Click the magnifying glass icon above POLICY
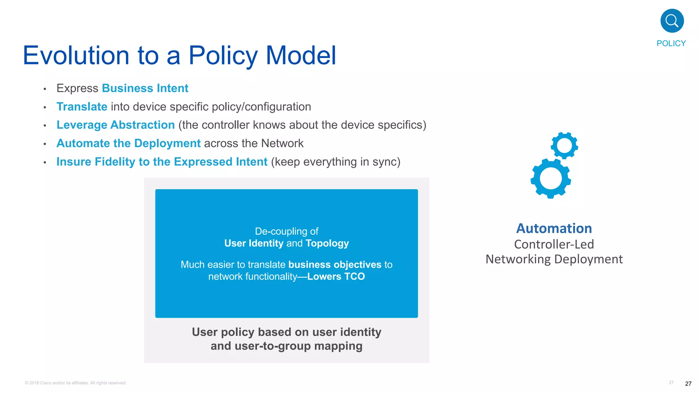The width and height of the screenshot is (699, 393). pyautogui.click(x=672, y=21)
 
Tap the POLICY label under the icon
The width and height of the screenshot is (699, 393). pyautogui.click(x=671, y=43)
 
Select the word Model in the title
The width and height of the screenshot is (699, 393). pyautogui.click(x=301, y=55)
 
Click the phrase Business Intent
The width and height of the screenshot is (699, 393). pyautogui.click(x=145, y=88)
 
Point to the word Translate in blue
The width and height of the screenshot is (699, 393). pyautogui.click(x=82, y=107)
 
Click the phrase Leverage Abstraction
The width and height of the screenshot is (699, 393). pyautogui.click(x=115, y=125)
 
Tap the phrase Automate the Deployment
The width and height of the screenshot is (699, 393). pyautogui.click(x=128, y=143)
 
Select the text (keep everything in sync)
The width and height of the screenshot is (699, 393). pyautogui.click(x=336, y=162)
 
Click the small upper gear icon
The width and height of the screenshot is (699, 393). pyautogui.click(x=564, y=146)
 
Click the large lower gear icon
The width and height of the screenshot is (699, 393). pyautogui.click(x=551, y=178)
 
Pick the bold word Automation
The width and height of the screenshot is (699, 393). pyautogui.click(x=554, y=229)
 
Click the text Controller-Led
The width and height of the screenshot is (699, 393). pyautogui.click(x=554, y=244)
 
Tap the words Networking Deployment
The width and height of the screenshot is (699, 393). pyautogui.click(x=554, y=259)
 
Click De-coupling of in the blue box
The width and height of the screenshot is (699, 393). pyautogui.click(x=286, y=231)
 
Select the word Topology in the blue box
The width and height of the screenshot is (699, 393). pyautogui.click(x=327, y=243)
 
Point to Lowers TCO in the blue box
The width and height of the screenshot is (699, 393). pyautogui.click(x=336, y=276)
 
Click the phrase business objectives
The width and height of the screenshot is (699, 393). pyautogui.click(x=334, y=264)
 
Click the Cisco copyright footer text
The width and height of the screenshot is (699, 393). pyautogui.click(x=75, y=383)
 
